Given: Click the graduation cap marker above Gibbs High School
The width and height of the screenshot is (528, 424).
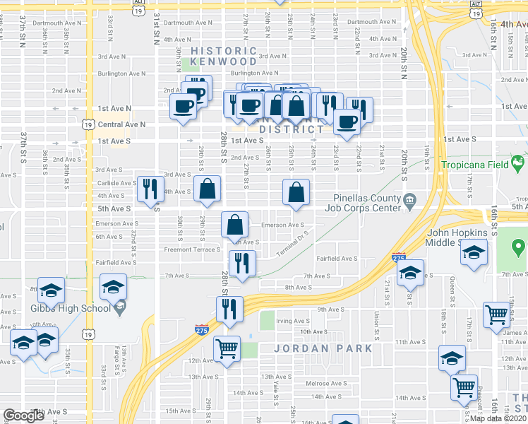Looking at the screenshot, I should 113,288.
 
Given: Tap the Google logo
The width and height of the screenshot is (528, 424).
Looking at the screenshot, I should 23,416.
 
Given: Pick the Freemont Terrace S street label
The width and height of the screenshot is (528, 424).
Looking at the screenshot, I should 193,249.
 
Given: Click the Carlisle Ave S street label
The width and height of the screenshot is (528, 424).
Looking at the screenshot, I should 116,183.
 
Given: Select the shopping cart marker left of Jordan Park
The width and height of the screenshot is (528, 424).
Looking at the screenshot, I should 227,348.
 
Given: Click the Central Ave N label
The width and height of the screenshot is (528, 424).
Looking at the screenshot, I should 121,124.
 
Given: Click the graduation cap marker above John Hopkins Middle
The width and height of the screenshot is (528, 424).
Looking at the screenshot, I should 474,254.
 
